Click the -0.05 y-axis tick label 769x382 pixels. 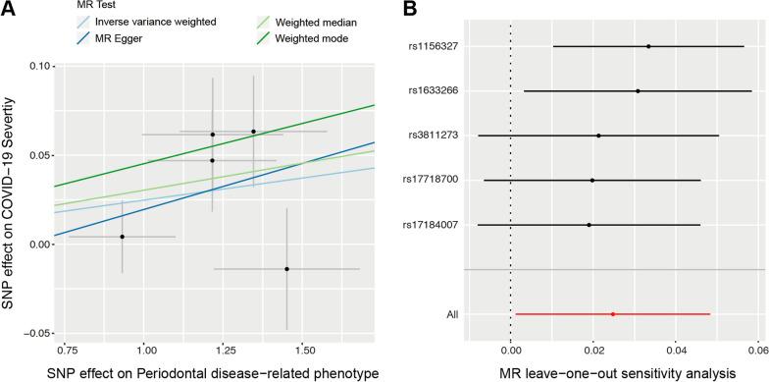(38, 334)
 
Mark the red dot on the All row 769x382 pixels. (613, 314)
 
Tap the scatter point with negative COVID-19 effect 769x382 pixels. (286, 269)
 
